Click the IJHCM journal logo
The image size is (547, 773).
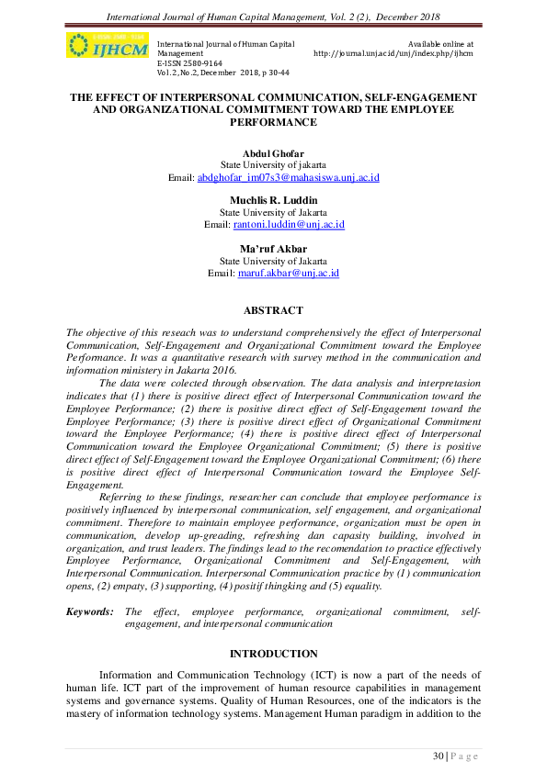(107, 46)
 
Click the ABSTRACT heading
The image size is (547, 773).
(273, 310)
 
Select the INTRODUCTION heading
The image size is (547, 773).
(273, 653)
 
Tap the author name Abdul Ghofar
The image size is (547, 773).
(273, 153)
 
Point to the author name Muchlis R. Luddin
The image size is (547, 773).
(273, 199)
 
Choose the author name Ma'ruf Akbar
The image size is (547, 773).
(273, 248)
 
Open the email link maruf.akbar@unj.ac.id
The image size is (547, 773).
(289, 273)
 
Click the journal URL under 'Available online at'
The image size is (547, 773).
(393, 53)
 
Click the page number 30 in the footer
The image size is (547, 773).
(439, 756)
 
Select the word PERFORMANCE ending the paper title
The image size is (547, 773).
(273, 121)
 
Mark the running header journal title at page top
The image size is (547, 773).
(273, 16)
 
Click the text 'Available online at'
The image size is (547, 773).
(440, 43)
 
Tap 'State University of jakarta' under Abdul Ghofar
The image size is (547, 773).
(273, 165)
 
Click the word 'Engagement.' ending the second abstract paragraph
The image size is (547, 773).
(95, 484)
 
